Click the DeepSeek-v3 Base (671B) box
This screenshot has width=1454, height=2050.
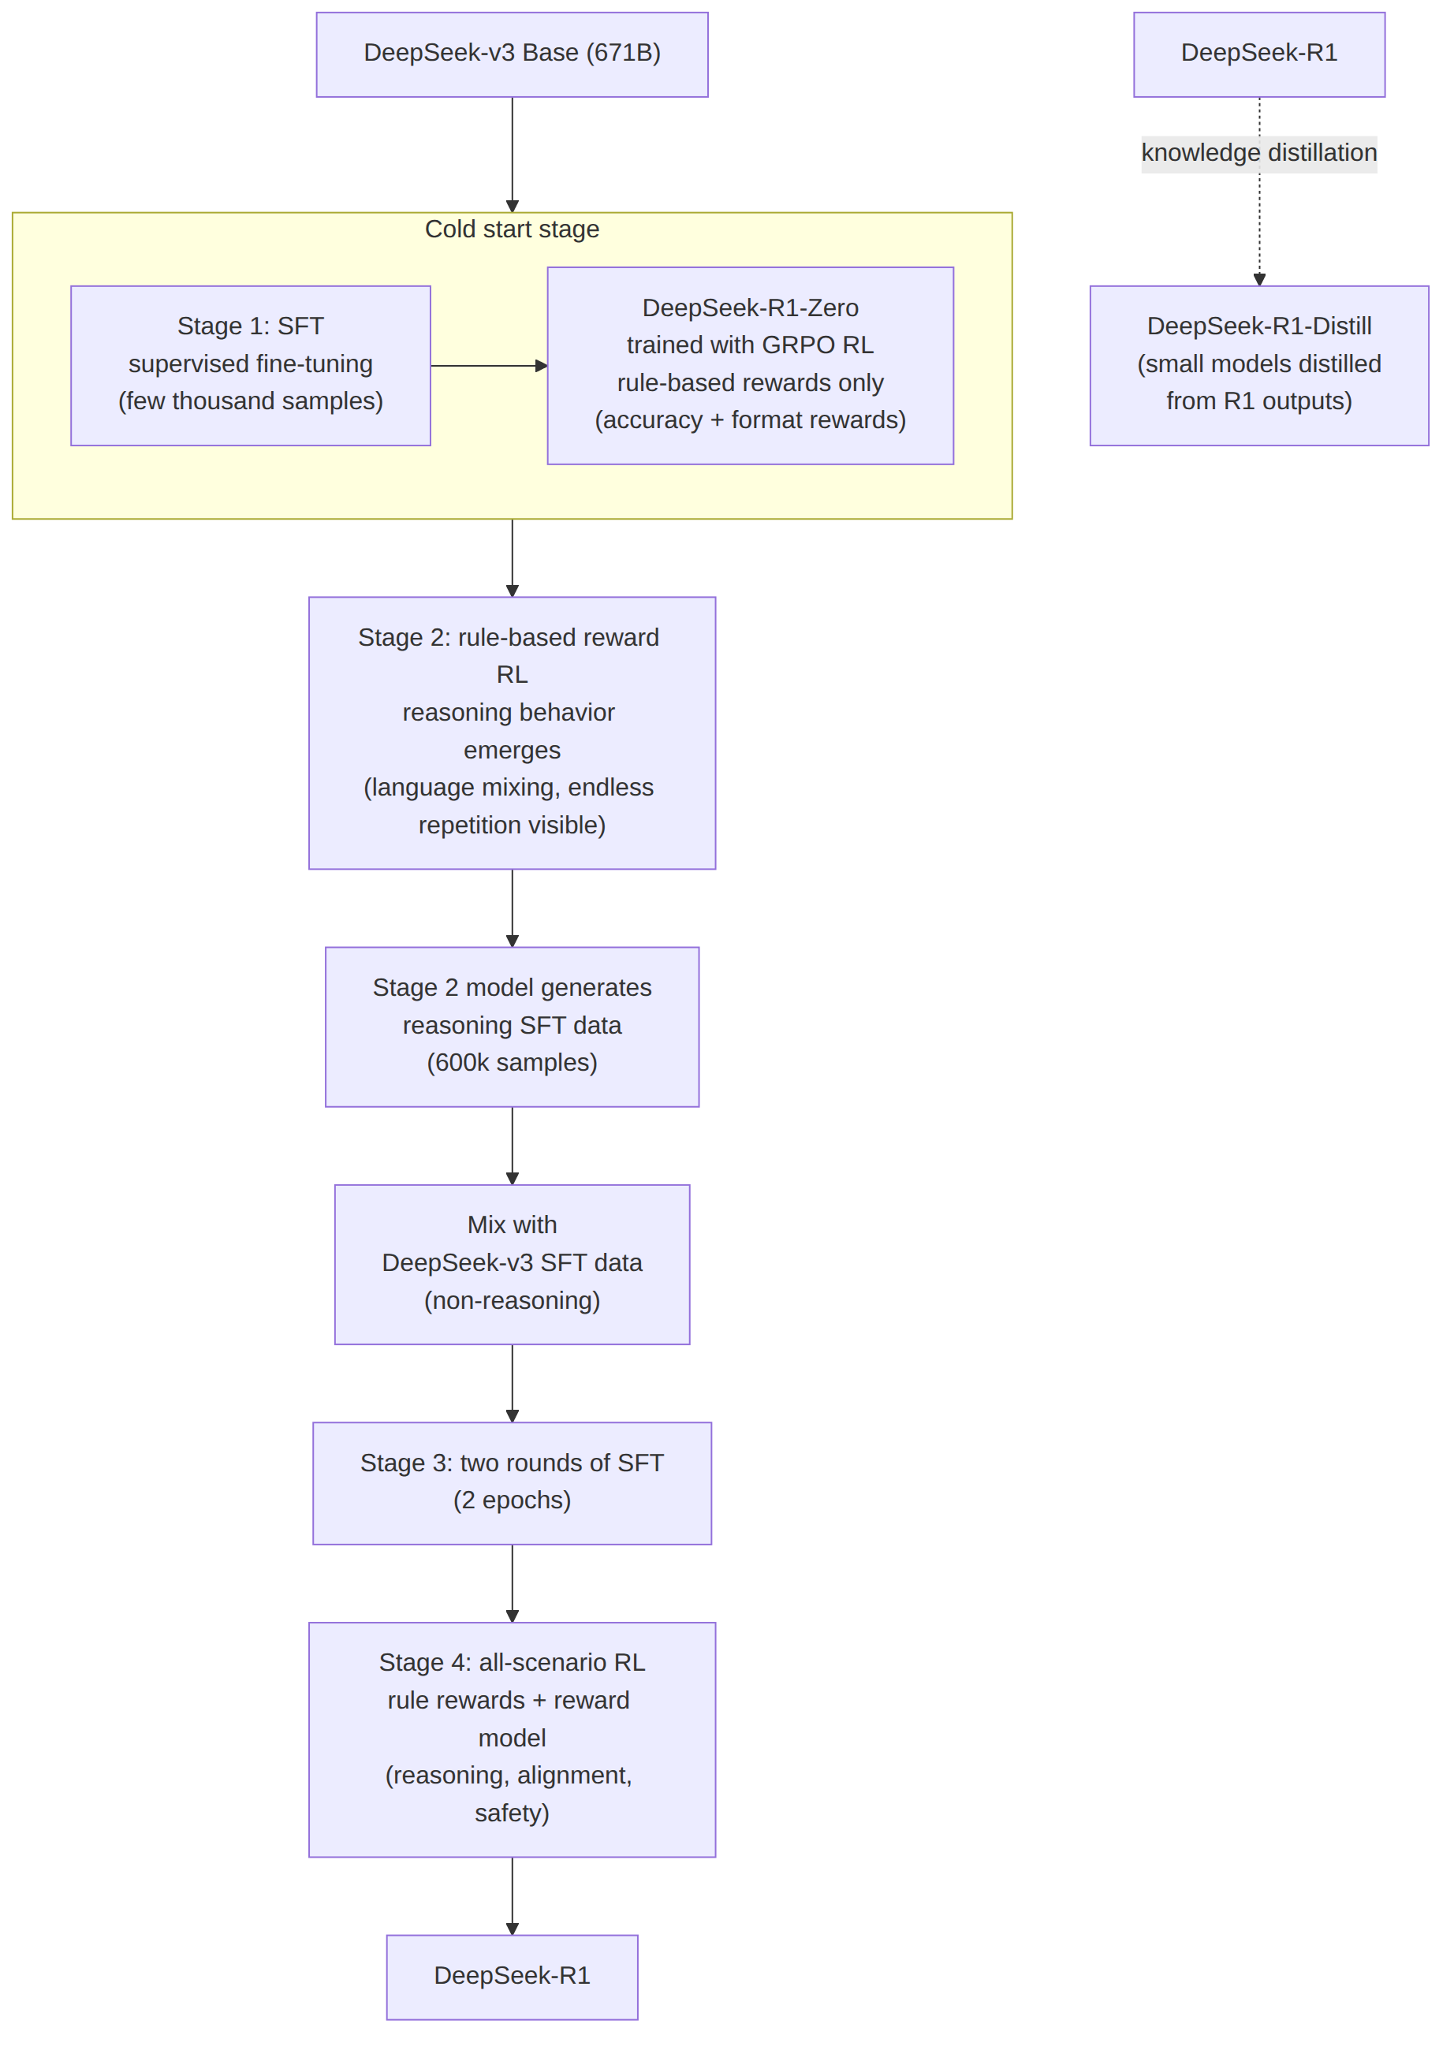(512, 54)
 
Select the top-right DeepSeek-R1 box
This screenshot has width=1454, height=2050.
(1258, 54)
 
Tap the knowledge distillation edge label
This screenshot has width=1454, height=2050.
(1258, 153)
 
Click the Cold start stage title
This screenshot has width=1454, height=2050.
(512, 229)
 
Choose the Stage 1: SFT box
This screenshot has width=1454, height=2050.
(251, 365)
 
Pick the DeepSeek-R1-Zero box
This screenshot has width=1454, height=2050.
(751, 365)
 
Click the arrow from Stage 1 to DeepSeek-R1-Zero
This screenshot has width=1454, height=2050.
(489, 365)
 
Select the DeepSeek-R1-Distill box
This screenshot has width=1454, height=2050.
(1258, 365)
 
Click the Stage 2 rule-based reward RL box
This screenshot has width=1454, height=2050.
(512, 732)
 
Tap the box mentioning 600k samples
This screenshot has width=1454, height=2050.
(512, 1027)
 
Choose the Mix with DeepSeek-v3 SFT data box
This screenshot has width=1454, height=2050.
(512, 1264)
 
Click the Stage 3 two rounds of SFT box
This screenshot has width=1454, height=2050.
(512, 1482)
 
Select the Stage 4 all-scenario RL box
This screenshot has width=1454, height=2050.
(512, 1739)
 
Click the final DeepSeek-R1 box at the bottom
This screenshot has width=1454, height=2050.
(512, 1977)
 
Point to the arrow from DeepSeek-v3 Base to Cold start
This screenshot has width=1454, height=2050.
(512, 155)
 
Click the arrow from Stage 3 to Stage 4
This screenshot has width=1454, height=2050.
(512, 1583)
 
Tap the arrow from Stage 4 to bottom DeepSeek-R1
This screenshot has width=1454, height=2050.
(512, 1896)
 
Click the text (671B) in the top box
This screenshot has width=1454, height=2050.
(623, 53)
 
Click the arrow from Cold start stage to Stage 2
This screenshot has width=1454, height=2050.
(512, 557)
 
